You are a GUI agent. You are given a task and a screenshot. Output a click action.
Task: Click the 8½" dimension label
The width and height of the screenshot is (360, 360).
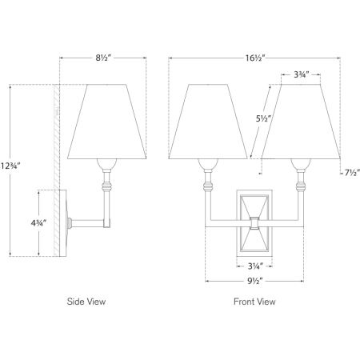pyautogui.click(x=103, y=58)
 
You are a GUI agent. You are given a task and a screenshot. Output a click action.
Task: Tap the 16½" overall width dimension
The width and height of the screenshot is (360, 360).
pyautogui.click(x=255, y=58)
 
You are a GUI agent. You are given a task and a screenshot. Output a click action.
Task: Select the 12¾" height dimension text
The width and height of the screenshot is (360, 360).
pyautogui.click(x=10, y=166)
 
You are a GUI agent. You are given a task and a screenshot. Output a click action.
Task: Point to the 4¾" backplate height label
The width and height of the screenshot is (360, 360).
pyautogui.click(x=39, y=223)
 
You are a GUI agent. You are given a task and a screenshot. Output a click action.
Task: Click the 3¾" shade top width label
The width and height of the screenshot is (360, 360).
pyautogui.click(x=302, y=74)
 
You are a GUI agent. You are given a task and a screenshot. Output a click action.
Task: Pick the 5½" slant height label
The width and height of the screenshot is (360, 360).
pyautogui.click(x=263, y=118)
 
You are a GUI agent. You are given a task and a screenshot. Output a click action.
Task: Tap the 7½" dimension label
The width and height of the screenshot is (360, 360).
pyautogui.click(x=352, y=173)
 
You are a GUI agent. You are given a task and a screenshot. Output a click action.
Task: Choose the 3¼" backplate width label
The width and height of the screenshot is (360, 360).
pyautogui.click(x=255, y=266)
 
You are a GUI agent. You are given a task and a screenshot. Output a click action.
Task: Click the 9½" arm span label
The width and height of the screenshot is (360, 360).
pyautogui.click(x=255, y=281)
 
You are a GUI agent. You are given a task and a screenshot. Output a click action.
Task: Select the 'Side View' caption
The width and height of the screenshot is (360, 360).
pyautogui.click(x=86, y=302)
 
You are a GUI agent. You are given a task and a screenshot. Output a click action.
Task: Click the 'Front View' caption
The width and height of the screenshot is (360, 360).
pyautogui.click(x=254, y=302)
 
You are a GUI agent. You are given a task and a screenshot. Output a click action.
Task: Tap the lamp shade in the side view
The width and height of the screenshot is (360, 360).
pyautogui.click(x=106, y=122)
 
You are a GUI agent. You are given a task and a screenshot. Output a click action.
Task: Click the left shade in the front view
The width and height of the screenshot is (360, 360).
pyautogui.click(x=208, y=122)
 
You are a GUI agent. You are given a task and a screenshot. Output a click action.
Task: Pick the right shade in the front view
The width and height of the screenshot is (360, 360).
pyautogui.click(x=301, y=122)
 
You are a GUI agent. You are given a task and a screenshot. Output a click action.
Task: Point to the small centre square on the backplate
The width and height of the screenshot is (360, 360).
pyautogui.click(x=254, y=223)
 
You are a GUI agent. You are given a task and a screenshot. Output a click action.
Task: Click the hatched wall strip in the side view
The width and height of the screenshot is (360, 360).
pyautogui.click(x=57, y=170)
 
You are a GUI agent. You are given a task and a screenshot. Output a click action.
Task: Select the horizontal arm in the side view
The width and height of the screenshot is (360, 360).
pyautogui.click(x=88, y=223)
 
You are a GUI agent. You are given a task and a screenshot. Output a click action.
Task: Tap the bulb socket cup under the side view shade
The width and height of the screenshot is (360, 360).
pyautogui.click(x=106, y=164)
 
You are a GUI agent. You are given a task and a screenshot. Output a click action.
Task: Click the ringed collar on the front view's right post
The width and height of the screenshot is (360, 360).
pyautogui.click(x=301, y=186)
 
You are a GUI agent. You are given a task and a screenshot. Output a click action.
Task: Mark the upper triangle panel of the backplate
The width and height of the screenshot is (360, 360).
pyautogui.click(x=254, y=206)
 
